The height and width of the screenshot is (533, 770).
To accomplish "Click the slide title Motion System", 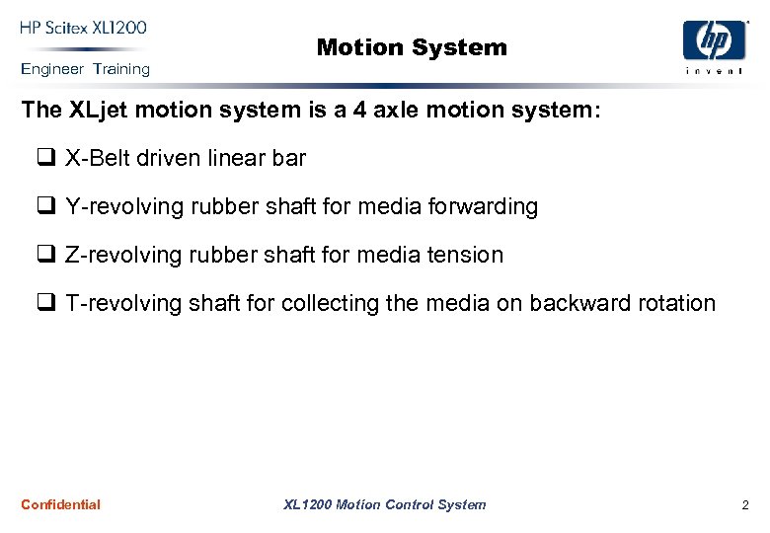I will pyautogui.click(x=412, y=47).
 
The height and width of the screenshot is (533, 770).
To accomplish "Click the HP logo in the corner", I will pyautogui.click(x=714, y=40).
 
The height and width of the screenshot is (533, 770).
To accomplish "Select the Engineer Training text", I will pyautogui.click(x=85, y=69).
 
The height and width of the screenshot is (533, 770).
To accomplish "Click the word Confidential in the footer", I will pyautogui.click(x=60, y=504).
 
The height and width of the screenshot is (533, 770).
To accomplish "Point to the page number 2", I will pyautogui.click(x=745, y=505).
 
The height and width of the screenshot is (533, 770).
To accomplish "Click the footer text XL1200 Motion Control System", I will pyautogui.click(x=384, y=504).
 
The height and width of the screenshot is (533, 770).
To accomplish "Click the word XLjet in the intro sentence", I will pyautogui.click(x=98, y=110).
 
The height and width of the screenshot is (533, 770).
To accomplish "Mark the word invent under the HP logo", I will pyautogui.click(x=714, y=72).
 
